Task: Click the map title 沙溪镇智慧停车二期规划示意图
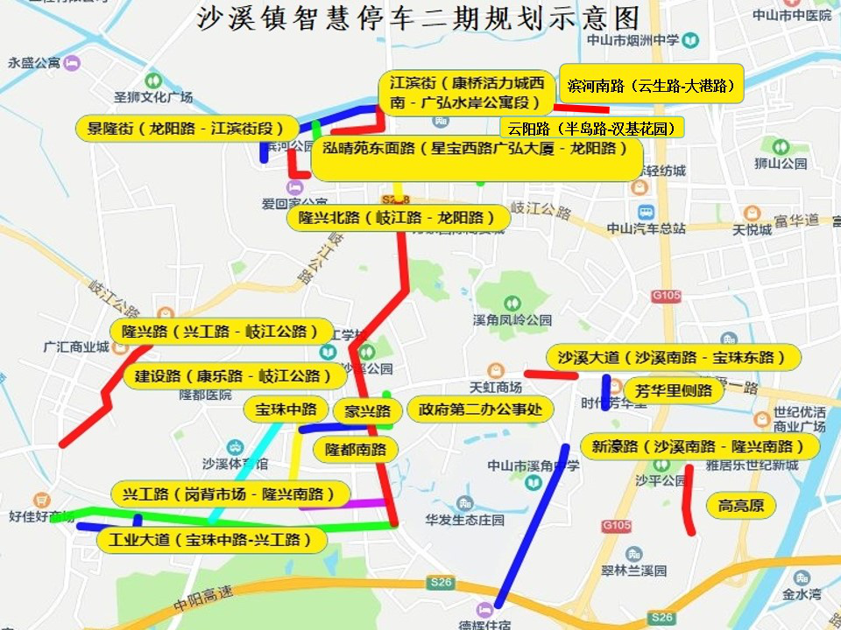click(x=418, y=18)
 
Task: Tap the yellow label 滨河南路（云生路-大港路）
click(x=651, y=86)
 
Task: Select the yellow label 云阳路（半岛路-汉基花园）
click(x=591, y=128)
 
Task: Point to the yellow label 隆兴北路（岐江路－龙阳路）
click(x=399, y=218)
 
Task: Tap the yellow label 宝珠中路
click(x=286, y=409)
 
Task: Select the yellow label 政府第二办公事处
click(x=481, y=409)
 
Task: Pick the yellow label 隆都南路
click(x=356, y=450)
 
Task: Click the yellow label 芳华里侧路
click(x=674, y=390)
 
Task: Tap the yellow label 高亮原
click(x=741, y=505)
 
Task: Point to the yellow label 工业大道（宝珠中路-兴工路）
click(x=211, y=540)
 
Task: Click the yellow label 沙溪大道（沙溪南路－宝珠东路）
click(x=674, y=357)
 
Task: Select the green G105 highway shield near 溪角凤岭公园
click(x=666, y=297)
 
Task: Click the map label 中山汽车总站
click(x=647, y=228)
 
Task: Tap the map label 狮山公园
click(x=782, y=164)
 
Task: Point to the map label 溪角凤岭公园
click(x=512, y=319)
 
